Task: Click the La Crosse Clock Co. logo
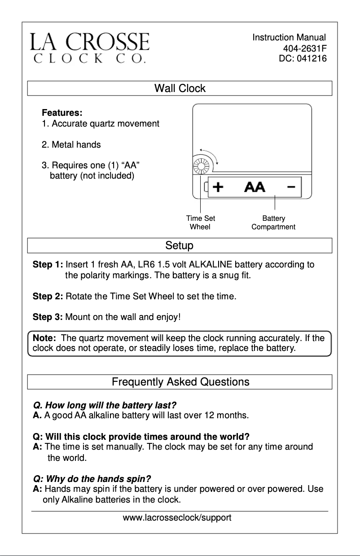pos(90,48)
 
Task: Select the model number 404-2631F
pos(305,48)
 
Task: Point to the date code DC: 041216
pos(303,58)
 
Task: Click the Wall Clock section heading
pos(180,88)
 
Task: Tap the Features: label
pos(62,113)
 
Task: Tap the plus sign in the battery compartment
pos(218,187)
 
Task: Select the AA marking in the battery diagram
pos(255,187)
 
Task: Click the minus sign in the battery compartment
pos(291,187)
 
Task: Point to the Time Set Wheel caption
pos(200,223)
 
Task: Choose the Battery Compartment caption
pos(273,223)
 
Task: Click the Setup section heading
pos(180,246)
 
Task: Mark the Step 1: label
pos(48,265)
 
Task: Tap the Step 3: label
pos(48,317)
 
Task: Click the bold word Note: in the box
pos(44,338)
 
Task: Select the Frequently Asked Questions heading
pos(180,382)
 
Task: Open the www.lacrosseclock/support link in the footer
pos(177,518)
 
